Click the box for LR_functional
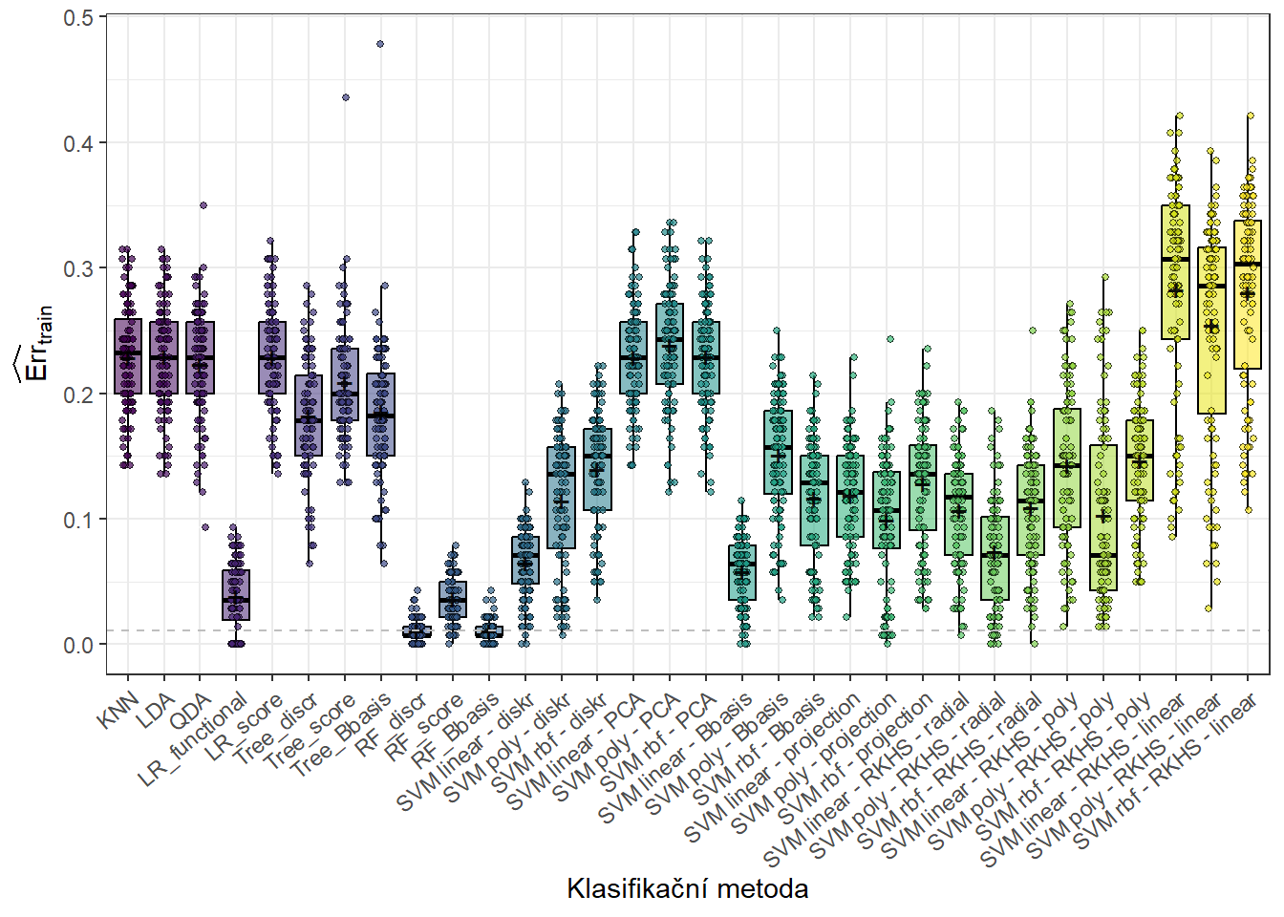[x=236, y=594]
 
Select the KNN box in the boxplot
[x=128, y=356]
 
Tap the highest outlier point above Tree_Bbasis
[x=380, y=44]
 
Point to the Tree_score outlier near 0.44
[x=346, y=97]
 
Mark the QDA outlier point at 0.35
[x=203, y=204]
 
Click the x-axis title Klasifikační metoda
[x=687, y=889]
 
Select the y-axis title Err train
[x=36, y=344]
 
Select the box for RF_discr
[x=417, y=631]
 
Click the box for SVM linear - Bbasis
[x=742, y=572]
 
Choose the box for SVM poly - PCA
[x=670, y=344]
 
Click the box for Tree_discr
[x=309, y=415]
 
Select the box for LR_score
[x=272, y=357]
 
